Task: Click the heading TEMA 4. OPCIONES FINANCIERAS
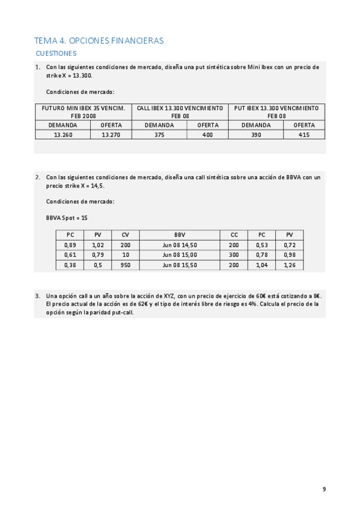coord(99,40)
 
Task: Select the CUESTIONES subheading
coord(56,54)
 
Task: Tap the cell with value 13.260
coord(63,135)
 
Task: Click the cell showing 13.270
coord(111,135)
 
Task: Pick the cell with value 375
coord(159,135)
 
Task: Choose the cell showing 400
coord(207,135)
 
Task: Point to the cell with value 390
coord(255,135)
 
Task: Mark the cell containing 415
coord(304,135)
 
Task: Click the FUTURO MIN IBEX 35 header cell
coord(83,112)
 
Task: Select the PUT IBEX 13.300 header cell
coord(276,112)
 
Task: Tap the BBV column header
coord(180,235)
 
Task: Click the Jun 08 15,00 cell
coord(180,255)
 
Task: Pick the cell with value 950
coord(125,265)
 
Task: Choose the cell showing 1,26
coord(290,265)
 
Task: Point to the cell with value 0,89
coord(70,245)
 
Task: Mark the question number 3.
coord(38,296)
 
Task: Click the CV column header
coord(125,235)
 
